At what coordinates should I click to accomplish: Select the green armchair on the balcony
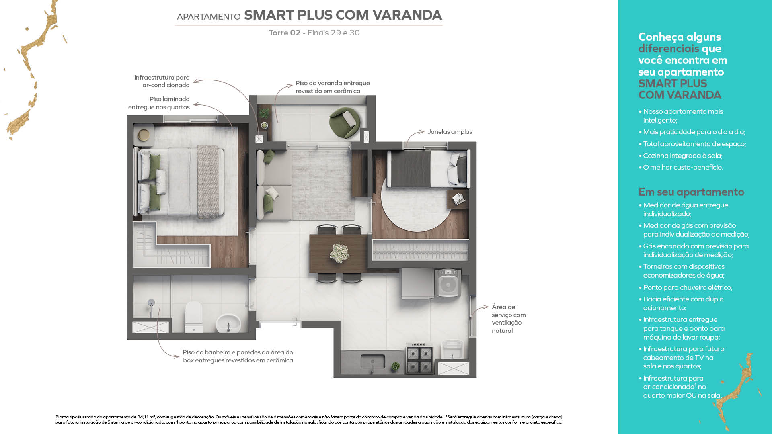click(x=344, y=122)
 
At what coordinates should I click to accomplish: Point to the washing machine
click(x=448, y=283)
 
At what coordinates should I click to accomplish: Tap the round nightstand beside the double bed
click(x=144, y=135)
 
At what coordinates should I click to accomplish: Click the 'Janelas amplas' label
click(x=450, y=132)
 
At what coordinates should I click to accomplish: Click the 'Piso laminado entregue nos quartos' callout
click(x=159, y=103)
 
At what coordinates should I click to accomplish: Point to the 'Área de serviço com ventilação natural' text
click(x=508, y=319)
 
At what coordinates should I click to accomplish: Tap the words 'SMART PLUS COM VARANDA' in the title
click(x=343, y=15)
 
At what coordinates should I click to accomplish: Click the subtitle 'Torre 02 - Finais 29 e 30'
click(x=314, y=33)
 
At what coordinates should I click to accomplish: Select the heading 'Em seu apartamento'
click(x=691, y=192)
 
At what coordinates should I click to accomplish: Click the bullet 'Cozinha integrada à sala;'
click(x=682, y=156)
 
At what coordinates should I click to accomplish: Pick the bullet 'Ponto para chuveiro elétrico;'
click(x=687, y=287)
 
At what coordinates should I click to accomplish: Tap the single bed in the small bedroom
click(x=428, y=169)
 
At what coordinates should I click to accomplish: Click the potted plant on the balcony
click(x=264, y=114)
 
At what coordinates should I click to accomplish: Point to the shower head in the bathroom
click(x=151, y=303)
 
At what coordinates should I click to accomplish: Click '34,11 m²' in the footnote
click(x=146, y=417)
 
